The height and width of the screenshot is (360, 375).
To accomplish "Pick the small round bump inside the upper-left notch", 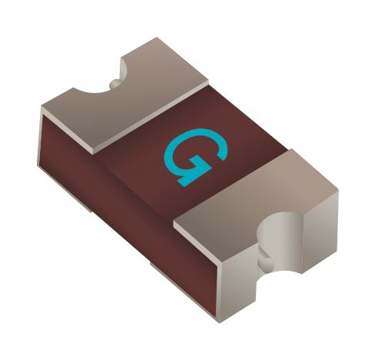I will (115, 82).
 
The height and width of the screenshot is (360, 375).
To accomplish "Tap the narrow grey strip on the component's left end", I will (40, 138).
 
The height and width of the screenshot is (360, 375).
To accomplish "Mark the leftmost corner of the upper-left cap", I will (43, 107).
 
